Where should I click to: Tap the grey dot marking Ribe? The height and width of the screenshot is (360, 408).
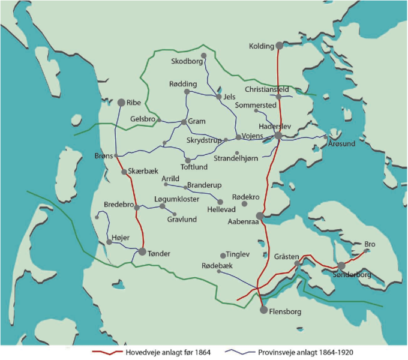click(x=121, y=103)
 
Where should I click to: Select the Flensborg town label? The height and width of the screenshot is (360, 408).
click(x=285, y=312)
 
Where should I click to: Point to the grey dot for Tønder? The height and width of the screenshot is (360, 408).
click(x=142, y=251)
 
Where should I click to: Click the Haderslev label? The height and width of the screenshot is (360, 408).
click(x=275, y=127)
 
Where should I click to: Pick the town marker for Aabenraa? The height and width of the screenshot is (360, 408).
click(x=260, y=215)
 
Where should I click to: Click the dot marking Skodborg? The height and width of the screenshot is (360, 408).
click(x=203, y=56)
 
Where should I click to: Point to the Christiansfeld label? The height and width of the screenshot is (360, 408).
click(x=267, y=89)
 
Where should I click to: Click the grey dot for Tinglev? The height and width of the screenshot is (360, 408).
click(x=223, y=256)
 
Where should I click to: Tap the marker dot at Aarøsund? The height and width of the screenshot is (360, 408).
click(x=326, y=137)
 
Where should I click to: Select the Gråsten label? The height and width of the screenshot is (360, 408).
click(x=286, y=257)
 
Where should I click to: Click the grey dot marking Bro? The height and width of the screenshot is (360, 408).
click(x=367, y=251)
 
